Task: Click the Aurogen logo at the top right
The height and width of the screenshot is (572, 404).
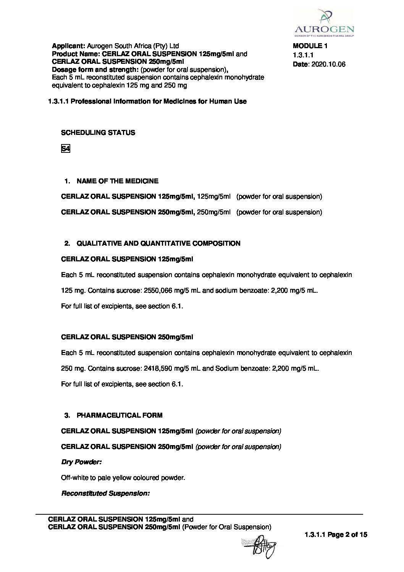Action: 324,23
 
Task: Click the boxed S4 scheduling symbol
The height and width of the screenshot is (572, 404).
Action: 65,149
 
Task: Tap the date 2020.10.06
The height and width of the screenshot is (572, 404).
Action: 328,64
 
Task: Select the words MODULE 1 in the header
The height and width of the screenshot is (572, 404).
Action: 310,46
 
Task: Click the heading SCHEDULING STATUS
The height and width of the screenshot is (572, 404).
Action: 98,133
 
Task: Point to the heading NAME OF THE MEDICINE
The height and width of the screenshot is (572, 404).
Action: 117,181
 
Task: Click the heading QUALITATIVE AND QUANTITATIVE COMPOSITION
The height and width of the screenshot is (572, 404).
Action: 158,243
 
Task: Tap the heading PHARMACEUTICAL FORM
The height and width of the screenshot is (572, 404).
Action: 119,415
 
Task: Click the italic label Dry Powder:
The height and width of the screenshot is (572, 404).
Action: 81,462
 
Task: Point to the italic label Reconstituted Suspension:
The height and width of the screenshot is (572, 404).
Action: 105,494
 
